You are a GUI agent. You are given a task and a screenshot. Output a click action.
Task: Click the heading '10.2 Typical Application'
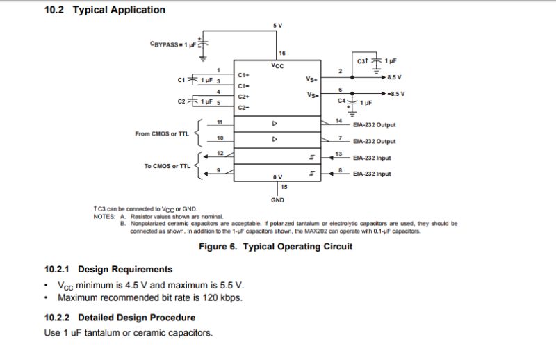tap(105, 10)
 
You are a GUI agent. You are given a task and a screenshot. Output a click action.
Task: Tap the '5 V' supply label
tap(278, 26)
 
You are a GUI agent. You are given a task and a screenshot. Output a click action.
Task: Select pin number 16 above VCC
tap(282, 54)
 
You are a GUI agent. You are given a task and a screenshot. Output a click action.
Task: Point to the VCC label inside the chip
tap(277, 65)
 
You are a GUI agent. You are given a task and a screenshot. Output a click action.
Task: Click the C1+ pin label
tap(243, 75)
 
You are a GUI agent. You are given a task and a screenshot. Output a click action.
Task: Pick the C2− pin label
tap(243, 108)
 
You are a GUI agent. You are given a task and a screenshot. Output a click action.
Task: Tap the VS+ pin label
tap(312, 79)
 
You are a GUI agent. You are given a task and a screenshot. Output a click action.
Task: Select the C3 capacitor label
tap(362, 61)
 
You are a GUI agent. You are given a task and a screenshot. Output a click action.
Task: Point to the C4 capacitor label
tap(341, 101)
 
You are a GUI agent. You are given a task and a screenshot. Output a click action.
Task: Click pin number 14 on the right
tap(338, 121)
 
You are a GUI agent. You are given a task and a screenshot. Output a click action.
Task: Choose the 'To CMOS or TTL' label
tap(167, 166)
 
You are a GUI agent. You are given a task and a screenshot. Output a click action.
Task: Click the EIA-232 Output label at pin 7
tap(374, 141)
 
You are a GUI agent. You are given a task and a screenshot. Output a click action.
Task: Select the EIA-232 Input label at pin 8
tap(372, 174)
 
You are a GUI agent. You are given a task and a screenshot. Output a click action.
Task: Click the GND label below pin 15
tap(277, 199)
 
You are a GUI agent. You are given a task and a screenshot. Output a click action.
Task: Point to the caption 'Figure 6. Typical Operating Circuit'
tap(275, 247)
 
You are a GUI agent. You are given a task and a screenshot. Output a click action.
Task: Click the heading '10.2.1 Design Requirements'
tap(108, 269)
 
